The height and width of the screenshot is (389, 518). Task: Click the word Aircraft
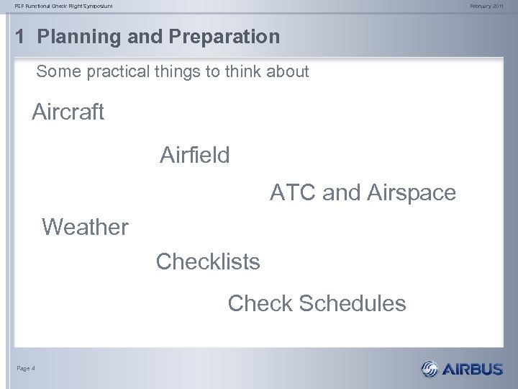tap(68, 112)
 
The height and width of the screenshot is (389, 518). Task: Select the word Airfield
tap(195, 154)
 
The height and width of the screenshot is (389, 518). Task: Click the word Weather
tap(86, 228)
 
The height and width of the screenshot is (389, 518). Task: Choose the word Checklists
tap(208, 261)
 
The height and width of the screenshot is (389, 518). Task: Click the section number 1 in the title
tap(21, 37)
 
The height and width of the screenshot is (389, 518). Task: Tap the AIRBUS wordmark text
tap(473, 370)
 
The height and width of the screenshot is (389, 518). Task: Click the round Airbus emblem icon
tap(430, 370)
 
